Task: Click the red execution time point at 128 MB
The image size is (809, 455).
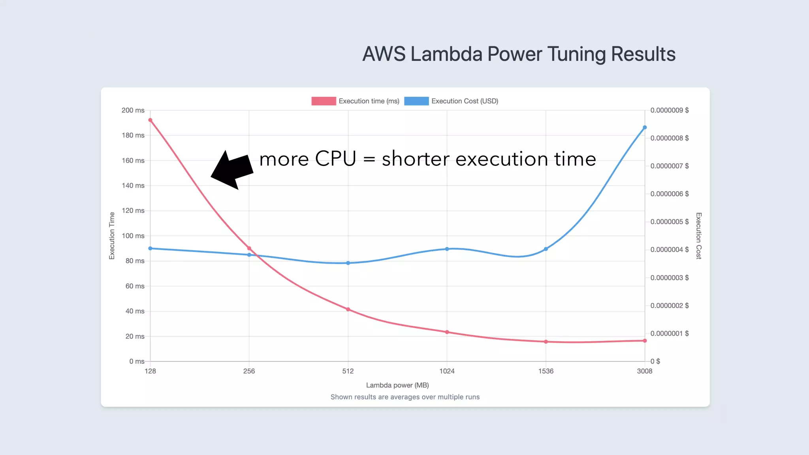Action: [x=150, y=120]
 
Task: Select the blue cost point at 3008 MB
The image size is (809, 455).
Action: [x=645, y=128]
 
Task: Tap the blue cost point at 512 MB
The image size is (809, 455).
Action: [x=348, y=263]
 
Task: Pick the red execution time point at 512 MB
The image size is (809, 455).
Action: [x=348, y=309]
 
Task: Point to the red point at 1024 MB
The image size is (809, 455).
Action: [x=447, y=332]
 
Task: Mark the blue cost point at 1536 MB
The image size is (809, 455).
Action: [x=546, y=249]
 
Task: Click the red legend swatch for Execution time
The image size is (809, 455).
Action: [x=324, y=101]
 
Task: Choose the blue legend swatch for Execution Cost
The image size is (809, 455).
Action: [x=416, y=101]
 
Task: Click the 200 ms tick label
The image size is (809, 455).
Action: [x=133, y=110]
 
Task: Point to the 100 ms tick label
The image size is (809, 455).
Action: [x=133, y=236]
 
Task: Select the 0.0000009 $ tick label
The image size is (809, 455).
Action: [x=670, y=110]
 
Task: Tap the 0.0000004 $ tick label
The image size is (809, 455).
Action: [x=670, y=250]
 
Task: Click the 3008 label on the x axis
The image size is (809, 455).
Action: [x=645, y=371]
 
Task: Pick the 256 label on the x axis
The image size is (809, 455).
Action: [x=249, y=371]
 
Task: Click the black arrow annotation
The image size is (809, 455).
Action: [x=232, y=170]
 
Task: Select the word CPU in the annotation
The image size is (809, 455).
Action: [x=335, y=159]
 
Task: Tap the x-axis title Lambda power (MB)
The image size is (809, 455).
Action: [x=397, y=385]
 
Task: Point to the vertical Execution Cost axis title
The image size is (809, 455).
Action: [x=698, y=236]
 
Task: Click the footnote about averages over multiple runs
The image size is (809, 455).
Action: [x=405, y=397]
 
